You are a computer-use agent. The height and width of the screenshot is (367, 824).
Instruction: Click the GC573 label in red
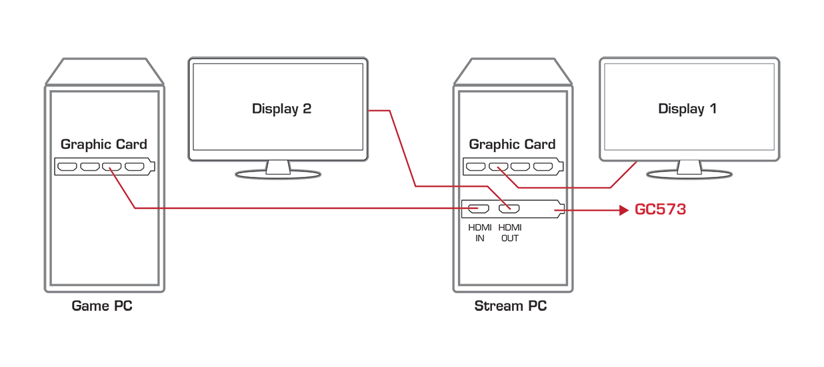660,210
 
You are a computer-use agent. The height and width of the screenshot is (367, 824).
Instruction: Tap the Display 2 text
281,109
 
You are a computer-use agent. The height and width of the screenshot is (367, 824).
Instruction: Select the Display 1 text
687,109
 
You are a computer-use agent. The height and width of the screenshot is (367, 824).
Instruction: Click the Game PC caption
102,306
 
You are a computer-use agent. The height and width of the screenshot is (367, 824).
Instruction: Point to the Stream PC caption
511,306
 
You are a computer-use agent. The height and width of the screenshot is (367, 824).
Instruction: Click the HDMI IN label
480,233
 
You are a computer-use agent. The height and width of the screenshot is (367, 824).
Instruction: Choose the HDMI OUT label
510,233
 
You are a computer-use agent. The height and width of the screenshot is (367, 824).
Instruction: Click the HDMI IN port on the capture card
479,209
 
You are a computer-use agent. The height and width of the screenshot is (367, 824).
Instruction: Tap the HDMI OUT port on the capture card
509,209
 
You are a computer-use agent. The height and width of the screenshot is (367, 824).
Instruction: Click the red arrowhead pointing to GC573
624,210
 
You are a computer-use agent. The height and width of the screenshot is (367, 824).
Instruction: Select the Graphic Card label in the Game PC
104,144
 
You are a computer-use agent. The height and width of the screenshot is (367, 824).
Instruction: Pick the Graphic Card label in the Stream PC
512,144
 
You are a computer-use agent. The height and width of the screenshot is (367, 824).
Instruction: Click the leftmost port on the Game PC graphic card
67,167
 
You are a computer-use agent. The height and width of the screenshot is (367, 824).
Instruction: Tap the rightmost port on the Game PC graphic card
135,167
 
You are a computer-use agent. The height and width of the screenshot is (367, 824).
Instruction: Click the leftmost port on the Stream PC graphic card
475,167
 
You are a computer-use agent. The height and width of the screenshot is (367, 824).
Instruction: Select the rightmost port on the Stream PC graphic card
543,167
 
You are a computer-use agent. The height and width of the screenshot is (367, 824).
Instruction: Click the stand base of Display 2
278,174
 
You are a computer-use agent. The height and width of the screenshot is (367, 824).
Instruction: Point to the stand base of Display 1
689,174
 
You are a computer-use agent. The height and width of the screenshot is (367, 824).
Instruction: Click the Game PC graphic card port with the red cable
112,167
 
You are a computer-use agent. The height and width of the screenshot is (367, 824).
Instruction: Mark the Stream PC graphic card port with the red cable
498,167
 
